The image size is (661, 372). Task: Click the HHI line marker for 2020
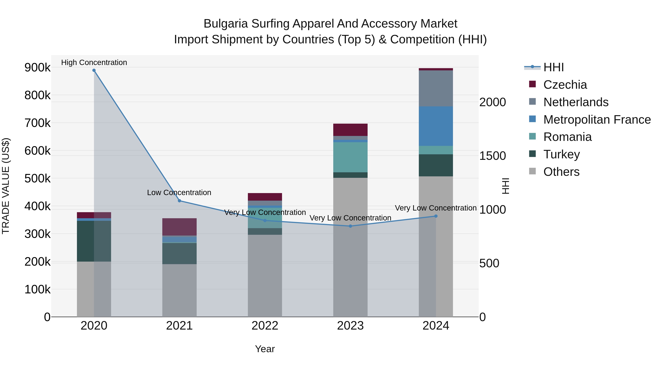coord(94,70)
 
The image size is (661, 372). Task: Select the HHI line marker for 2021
coord(179,201)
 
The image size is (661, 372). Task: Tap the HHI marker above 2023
coord(350,226)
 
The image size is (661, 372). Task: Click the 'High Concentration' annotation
coord(94,62)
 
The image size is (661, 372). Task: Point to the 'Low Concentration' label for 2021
coord(179,193)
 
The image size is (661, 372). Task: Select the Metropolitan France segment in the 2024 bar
coord(436,126)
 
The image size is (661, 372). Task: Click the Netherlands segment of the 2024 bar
coord(436,88)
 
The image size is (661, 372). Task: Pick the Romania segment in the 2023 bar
coord(350,157)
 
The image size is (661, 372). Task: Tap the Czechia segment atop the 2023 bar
coord(350,130)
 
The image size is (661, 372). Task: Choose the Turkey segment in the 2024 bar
coord(436,165)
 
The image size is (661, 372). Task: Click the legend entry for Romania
coord(567,137)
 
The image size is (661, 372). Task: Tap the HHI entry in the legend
coord(553,67)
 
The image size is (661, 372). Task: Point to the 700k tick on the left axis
coord(37,123)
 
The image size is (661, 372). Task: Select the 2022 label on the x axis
coord(265,326)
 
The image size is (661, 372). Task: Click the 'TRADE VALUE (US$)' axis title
coord(6,186)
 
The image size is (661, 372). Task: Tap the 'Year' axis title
coord(265,349)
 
